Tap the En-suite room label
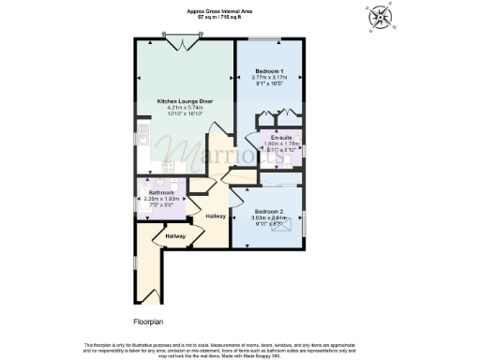[x=277, y=138]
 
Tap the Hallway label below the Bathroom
[x=174, y=235]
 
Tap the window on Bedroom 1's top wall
[x=263, y=39]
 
